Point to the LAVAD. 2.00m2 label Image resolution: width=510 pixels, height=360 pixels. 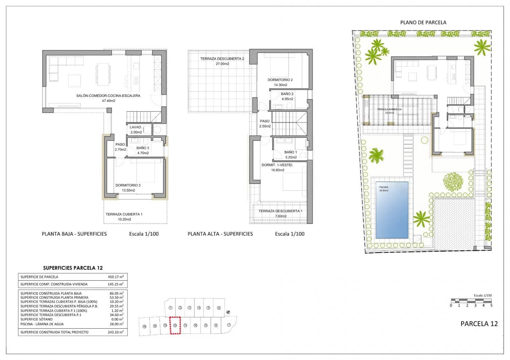(136, 130)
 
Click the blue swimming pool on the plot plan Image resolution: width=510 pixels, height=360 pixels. (392, 210)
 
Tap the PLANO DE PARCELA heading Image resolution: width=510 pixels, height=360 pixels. (423, 22)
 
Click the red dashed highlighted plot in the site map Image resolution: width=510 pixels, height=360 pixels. (175, 325)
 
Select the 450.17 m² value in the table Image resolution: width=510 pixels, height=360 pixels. (116, 277)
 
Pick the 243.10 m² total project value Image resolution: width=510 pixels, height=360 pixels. (116, 332)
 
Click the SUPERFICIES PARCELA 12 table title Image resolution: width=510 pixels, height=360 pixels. (73, 268)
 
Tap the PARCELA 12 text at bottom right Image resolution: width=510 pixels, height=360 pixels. (479, 324)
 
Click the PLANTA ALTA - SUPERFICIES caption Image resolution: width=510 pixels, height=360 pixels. (220, 234)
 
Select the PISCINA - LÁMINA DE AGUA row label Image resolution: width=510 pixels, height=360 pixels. (42, 324)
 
